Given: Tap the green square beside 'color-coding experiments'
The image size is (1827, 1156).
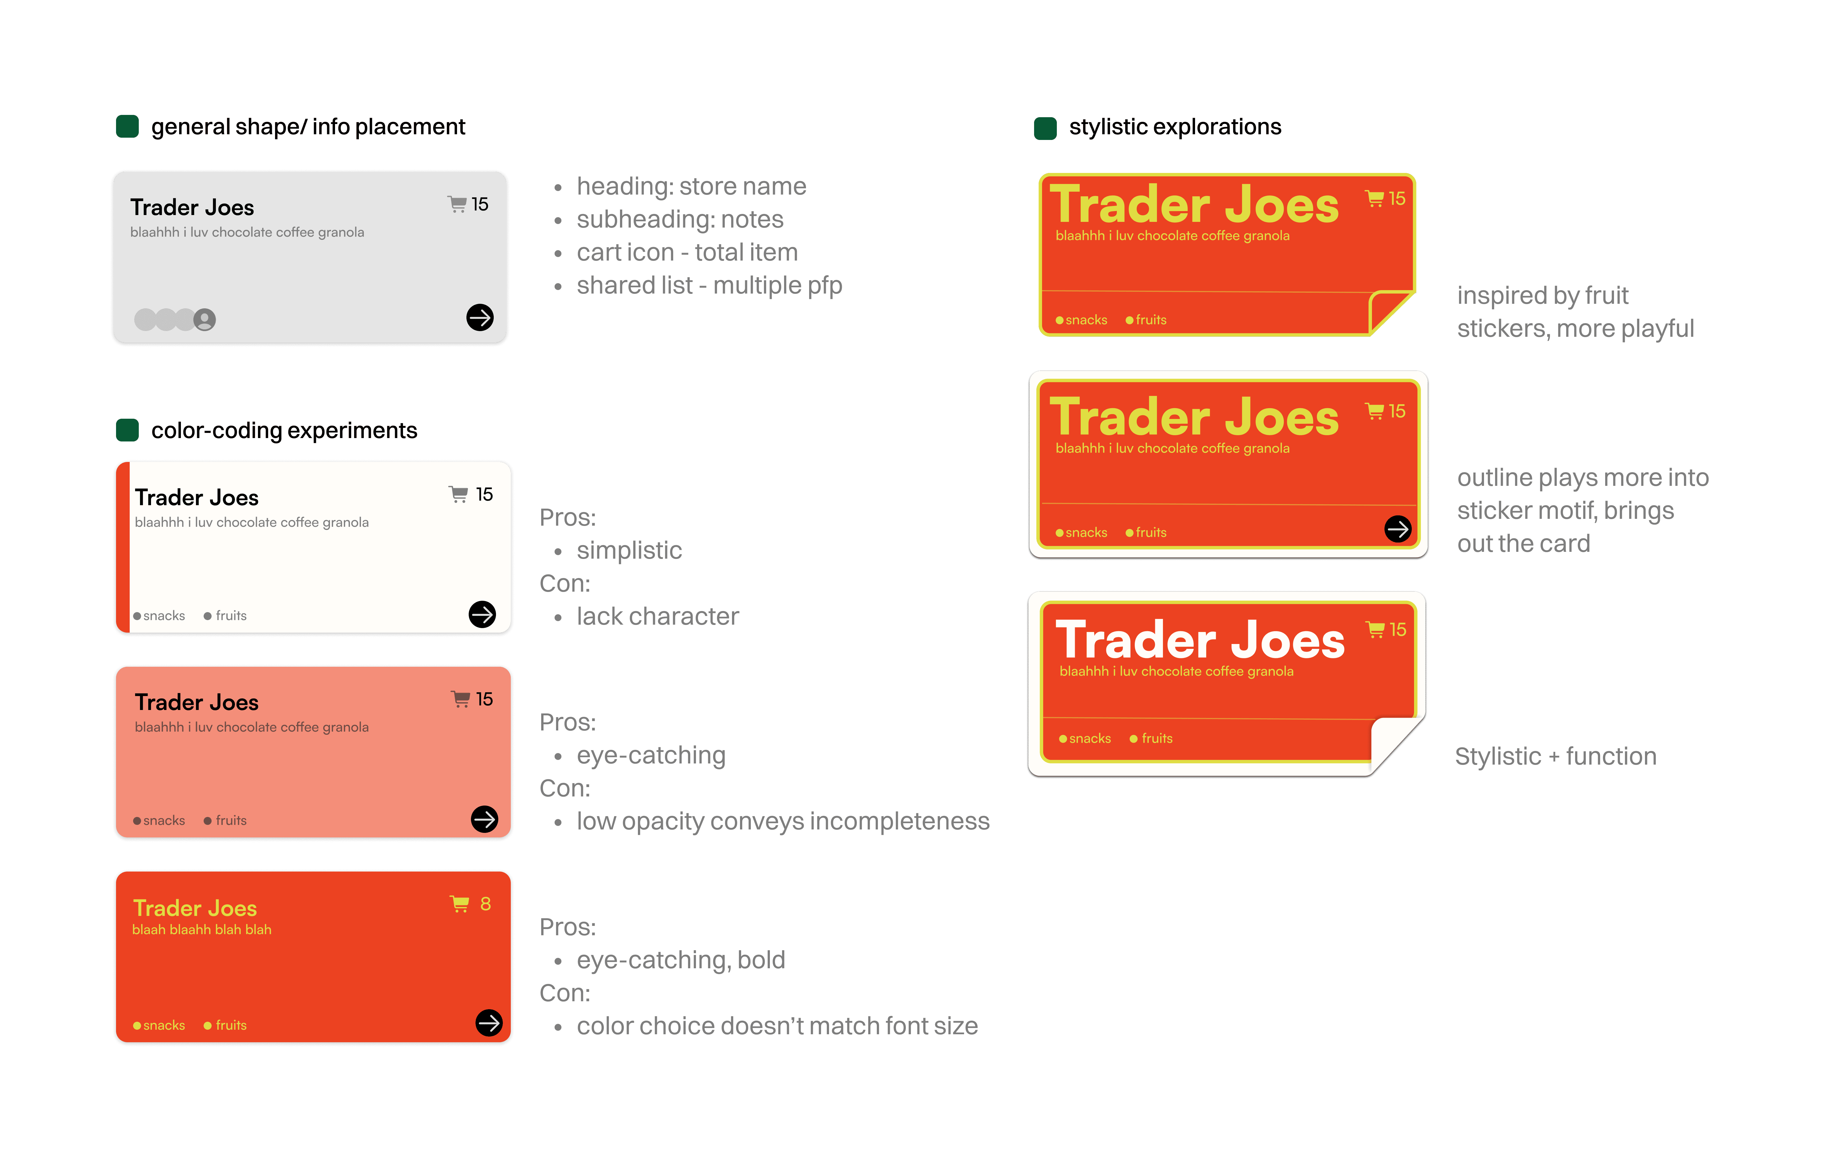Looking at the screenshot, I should coord(127,430).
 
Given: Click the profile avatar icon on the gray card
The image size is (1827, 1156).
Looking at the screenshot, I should coord(204,319).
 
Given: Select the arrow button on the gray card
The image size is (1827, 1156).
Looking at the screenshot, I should coord(480,317).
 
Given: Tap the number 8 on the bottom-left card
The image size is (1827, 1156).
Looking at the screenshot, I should coord(485,904).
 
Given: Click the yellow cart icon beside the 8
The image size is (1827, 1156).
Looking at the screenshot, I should coord(460,904).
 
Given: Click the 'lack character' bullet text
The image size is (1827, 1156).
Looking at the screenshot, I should coord(657,616).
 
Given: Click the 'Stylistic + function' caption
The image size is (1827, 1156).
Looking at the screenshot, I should coord(1555,757).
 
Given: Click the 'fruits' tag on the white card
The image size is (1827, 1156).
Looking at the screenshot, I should coord(231,616).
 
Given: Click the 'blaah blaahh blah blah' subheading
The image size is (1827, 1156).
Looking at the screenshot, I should coord(202,930).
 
